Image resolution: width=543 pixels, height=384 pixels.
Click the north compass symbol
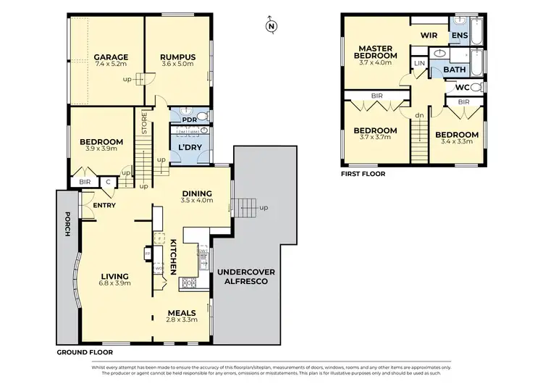coord(271,27)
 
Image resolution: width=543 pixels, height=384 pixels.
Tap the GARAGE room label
coord(111,57)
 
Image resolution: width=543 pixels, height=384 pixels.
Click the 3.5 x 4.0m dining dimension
coord(196,200)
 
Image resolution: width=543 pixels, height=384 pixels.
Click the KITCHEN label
coord(174,257)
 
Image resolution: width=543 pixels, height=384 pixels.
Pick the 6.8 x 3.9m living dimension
coord(114,283)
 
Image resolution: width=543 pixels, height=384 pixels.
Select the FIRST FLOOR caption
coord(363,174)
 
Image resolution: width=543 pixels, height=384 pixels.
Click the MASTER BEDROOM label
coord(375,52)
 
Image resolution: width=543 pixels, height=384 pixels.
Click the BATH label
coord(455,70)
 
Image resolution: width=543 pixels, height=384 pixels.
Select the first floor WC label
coord(463,88)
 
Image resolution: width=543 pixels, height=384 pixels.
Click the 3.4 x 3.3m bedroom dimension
coord(457,142)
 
